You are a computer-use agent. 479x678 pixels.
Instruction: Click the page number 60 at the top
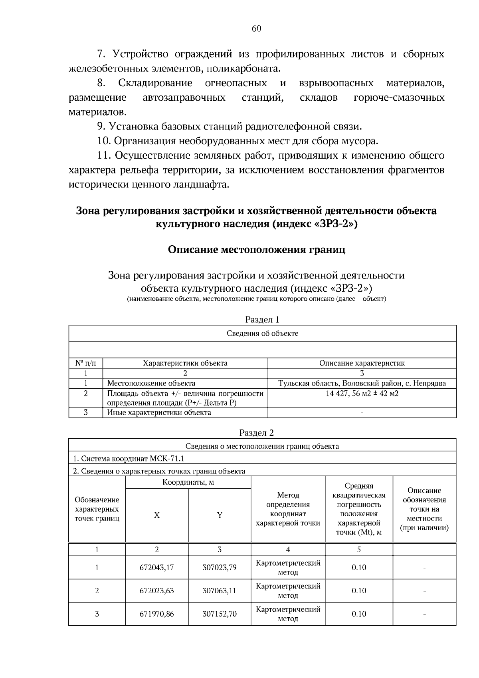[x=257, y=28]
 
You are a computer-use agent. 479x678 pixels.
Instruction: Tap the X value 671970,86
[x=157, y=614]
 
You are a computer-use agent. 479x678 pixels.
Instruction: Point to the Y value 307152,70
[x=220, y=614]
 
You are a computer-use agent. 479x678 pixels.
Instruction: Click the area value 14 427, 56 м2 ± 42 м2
[x=362, y=393]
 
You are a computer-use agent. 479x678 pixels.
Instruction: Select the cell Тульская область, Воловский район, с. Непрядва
[x=362, y=383]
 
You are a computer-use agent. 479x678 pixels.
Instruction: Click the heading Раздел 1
[x=262, y=319]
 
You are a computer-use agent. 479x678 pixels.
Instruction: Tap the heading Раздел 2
[x=257, y=433]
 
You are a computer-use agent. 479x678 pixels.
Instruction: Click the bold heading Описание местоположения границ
[x=257, y=250]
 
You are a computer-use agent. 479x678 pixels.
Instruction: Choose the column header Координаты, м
[x=188, y=482]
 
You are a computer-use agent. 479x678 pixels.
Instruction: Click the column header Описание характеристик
[x=362, y=363]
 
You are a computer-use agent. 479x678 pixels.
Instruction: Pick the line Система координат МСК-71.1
[x=129, y=458]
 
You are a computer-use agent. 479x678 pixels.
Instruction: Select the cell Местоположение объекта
[x=151, y=383]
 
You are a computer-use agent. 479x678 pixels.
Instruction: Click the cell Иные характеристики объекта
[x=159, y=412]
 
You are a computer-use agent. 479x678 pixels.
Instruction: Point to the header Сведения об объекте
[x=262, y=333]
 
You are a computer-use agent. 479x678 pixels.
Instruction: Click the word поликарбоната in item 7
[x=250, y=69]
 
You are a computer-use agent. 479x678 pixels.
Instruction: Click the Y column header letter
[x=220, y=515]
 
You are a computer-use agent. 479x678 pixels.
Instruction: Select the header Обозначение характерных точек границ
[x=97, y=509]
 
